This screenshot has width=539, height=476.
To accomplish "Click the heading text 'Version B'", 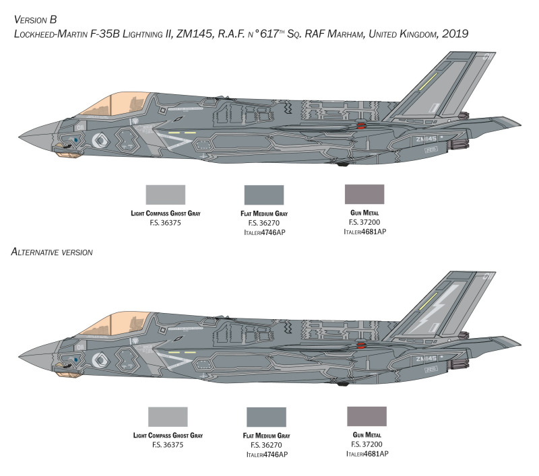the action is pyautogui.click(x=35, y=20).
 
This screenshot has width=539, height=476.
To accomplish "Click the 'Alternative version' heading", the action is pyautogui.click(x=52, y=252).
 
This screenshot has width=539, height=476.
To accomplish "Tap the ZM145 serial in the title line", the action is pyautogui.click(x=195, y=34).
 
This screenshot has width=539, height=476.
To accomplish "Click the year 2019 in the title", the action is pyautogui.click(x=455, y=34).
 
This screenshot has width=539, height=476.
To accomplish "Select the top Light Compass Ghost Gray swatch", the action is pyautogui.click(x=165, y=195).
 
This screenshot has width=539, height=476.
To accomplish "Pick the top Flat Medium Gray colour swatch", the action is pyautogui.click(x=264, y=195).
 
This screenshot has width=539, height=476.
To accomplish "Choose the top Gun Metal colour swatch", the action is pyautogui.click(x=364, y=194).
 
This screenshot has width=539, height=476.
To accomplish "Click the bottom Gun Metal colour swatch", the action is pyautogui.click(x=367, y=416).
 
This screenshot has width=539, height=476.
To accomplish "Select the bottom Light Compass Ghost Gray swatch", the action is pyautogui.click(x=168, y=417).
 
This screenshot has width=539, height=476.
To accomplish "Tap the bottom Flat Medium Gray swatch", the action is pyautogui.click(x=266, y=417).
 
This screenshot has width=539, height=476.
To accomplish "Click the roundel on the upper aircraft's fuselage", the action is pyautogui.click(x=100, y=140).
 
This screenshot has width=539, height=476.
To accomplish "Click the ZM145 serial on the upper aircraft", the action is pyautogui.click(x=426, y=139).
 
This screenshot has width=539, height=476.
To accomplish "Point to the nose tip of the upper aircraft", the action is pyautogui.click(x=19, y=137).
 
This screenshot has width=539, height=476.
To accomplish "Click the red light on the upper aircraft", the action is pyautogui.click(x=360, y=125).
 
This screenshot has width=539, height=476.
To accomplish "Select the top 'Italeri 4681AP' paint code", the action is pyautogui.click(x=364, y=232).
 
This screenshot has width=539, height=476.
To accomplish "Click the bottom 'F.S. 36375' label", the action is pyautogui.click(x=168, y=445).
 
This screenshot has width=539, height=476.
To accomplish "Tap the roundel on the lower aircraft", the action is pyautogui.click(x=100, y=360).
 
